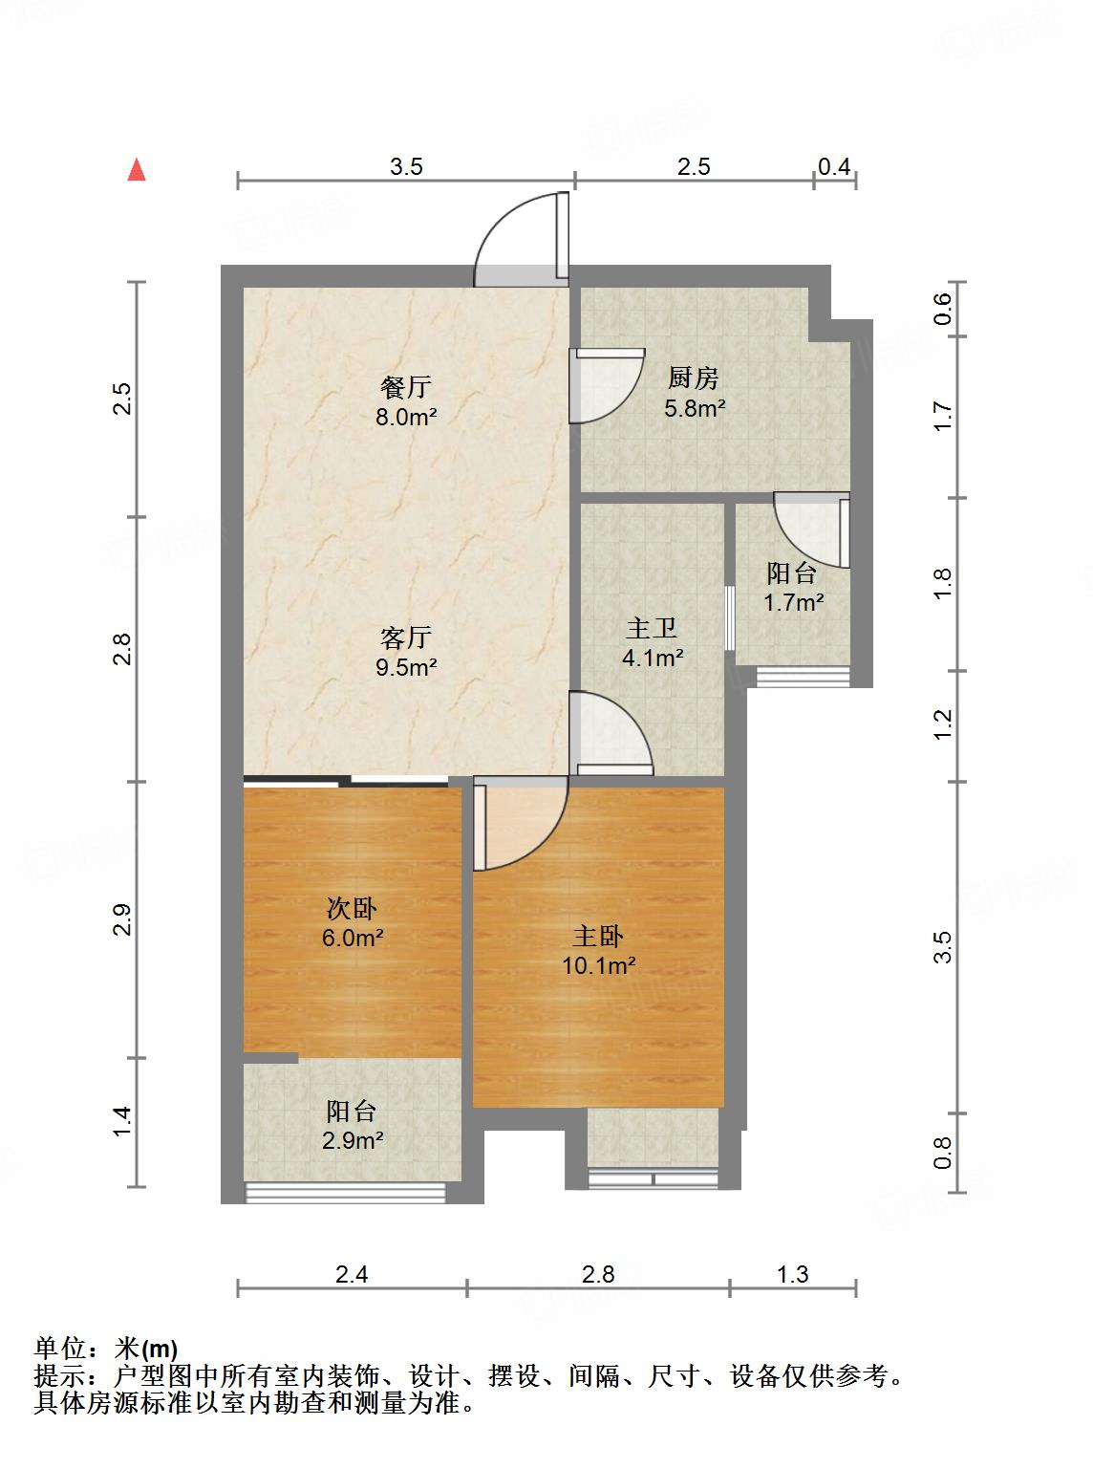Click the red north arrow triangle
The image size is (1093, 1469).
point(138,170)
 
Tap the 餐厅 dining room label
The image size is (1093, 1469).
point(406,387)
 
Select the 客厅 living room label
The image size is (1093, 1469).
point(406,637)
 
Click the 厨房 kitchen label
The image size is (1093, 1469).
point(695,378)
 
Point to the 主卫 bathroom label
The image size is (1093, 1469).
point(653,628)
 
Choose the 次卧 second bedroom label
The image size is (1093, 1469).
point(353,908)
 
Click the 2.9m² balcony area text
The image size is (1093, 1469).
point(353,1140)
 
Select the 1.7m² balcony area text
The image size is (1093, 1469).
point(793,602)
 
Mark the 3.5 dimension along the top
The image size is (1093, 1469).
point(406,166)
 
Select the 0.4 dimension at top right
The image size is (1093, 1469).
point(834,166)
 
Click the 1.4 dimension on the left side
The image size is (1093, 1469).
point(121,1121)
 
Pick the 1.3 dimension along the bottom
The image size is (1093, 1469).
point(792,1274)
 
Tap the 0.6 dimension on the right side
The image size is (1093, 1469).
point(943,308)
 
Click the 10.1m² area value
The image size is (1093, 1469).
point(599,965)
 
